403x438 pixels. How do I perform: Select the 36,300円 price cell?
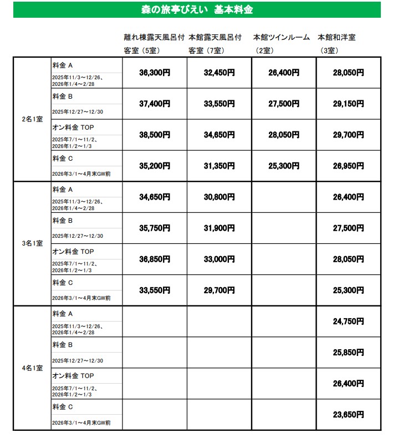154,73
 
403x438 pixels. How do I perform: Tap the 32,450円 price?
219,73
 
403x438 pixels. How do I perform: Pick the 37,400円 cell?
154,104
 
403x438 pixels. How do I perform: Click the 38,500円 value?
154,135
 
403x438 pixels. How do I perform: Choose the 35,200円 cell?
154,166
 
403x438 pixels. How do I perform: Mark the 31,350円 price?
219,166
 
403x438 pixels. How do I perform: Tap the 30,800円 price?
219,197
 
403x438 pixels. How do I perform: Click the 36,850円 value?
154,259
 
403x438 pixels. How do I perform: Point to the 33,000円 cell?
219,259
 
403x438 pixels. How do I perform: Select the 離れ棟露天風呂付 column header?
155,38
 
